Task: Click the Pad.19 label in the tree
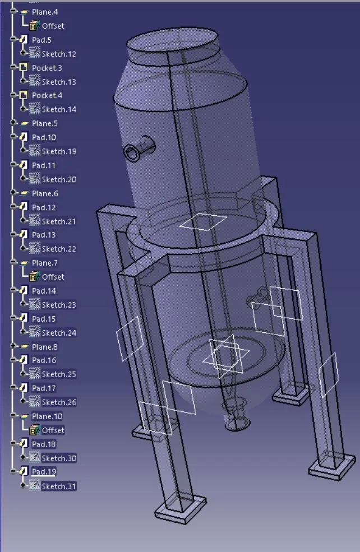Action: (x=44, y=472)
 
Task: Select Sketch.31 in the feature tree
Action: (x=59, y=486)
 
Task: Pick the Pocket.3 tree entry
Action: (x=47, y=68)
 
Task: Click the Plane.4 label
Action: (x=45, y=12)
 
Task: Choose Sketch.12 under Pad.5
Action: (x=59, y=54)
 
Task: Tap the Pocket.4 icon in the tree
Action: (x=24, y=95)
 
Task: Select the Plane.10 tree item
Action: (x=47, y=416)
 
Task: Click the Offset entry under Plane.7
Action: (x=53, y=277)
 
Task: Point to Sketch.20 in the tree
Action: (x=59, y=179)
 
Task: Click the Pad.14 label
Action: (x=44, y=291)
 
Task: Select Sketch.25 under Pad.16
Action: (x=59, y=374)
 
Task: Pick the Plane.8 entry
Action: (x=45, y=347)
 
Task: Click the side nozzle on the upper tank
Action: (x=139, y=149)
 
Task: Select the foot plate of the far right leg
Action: (x=332, y=465)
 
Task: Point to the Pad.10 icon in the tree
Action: (x=24, y=137)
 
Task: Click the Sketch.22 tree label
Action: (x=59, y=249)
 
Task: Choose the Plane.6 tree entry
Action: (x=45, y=193)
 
